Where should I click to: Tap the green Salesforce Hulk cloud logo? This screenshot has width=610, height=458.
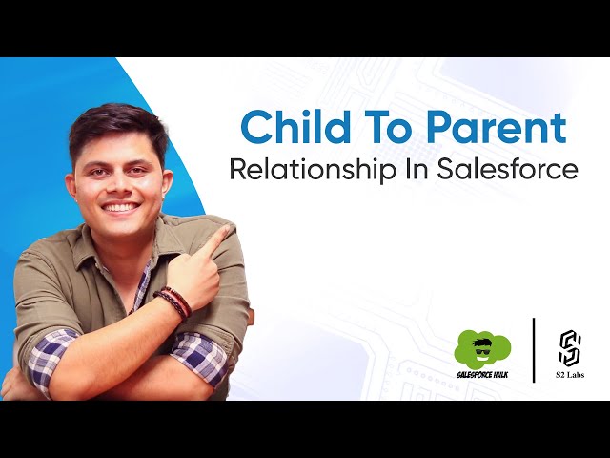point(481,346)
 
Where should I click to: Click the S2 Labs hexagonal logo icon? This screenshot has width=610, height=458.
point(570,347)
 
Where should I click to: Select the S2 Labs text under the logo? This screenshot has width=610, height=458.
point(570,375)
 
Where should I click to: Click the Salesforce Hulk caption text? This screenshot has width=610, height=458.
point(482,374)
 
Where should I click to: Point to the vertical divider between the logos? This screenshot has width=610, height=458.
point(534,349)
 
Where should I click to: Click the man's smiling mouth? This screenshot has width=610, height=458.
point(120,206)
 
